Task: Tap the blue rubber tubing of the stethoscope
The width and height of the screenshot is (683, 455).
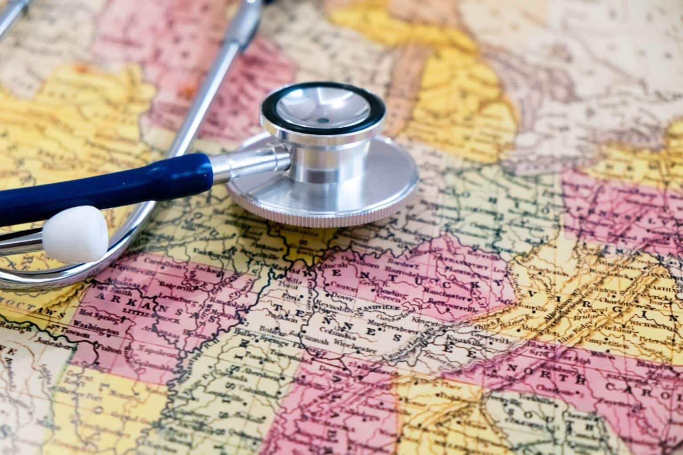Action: [x=107, y=183]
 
